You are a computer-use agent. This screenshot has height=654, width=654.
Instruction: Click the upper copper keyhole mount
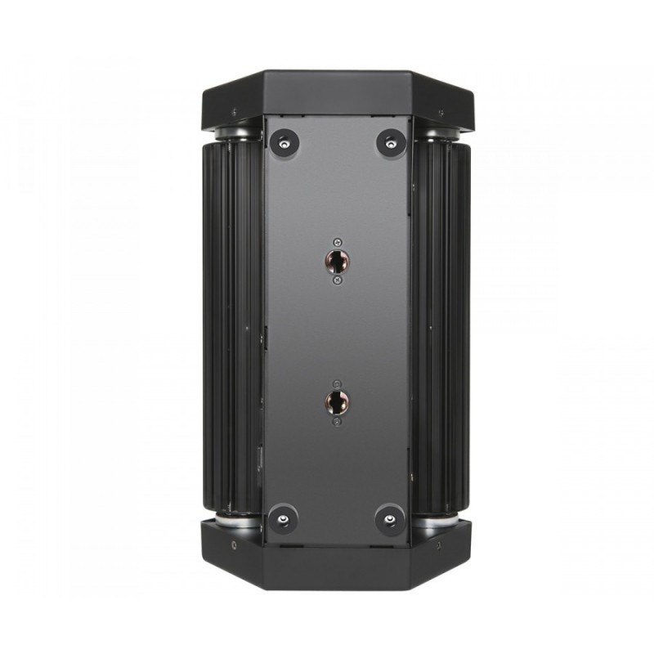tap(336, 261)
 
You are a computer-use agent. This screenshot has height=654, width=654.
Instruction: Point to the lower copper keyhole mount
tap(336, 401)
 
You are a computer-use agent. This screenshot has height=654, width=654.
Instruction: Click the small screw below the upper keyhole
tap(336, 281)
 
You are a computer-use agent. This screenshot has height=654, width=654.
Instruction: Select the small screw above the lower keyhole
tap(336, 383)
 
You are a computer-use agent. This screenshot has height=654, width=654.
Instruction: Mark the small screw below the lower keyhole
tap(336, 422)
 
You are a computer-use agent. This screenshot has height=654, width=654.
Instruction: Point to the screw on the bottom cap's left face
tap(233, 544)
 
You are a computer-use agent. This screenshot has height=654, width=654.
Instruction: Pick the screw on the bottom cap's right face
tap(439, 544)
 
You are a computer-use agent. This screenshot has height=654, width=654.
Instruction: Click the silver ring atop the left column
tap(232, 132)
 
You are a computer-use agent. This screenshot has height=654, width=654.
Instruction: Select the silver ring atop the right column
tap(440, 132)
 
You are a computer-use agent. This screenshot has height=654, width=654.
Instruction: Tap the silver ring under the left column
tap(232, 520)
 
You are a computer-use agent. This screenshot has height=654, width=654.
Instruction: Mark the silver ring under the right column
tap(440, 520)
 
